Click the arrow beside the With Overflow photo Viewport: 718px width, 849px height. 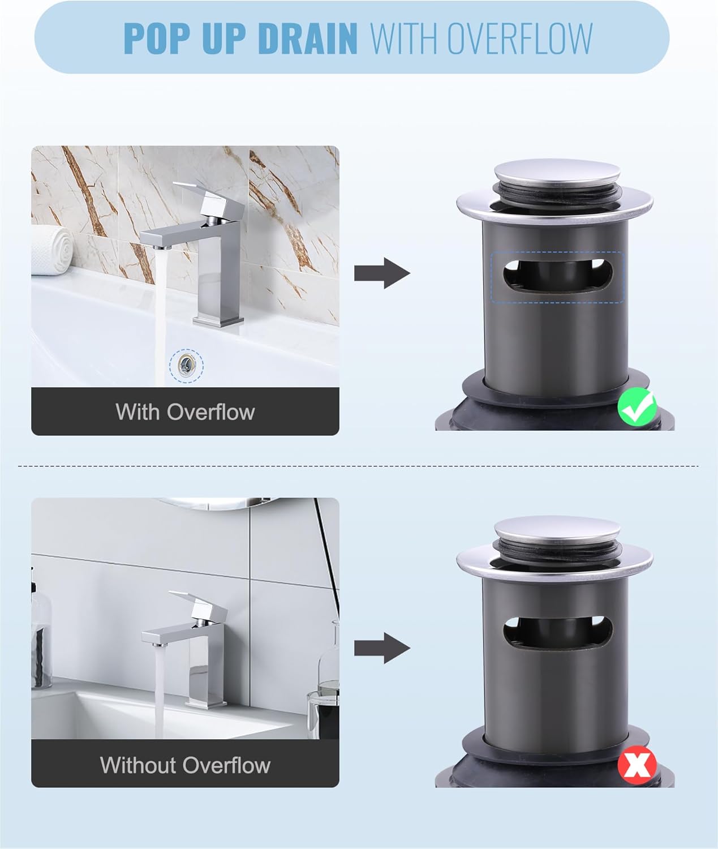pyautogui.click(x=382, y=273)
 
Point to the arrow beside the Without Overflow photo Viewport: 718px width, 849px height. pyautogui.click(x=382, y=648)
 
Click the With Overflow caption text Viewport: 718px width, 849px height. pyautogui.click(x=185, y=411)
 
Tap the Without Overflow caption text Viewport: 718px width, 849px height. pyautogui.click(x=185, y=765)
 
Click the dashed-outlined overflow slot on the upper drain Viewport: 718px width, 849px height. pyautogui.click(x=557, y=277)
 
